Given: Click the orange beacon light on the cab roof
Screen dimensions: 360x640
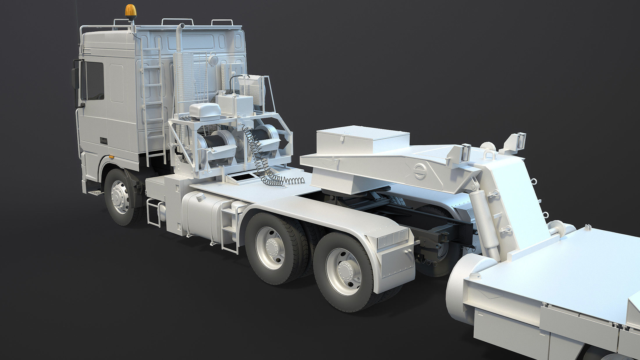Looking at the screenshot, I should click(x=131, y=10).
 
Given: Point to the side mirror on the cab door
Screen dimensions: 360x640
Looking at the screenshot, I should click(x=75, y=79).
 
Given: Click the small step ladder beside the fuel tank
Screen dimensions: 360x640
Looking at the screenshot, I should click(x=229, y=230).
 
